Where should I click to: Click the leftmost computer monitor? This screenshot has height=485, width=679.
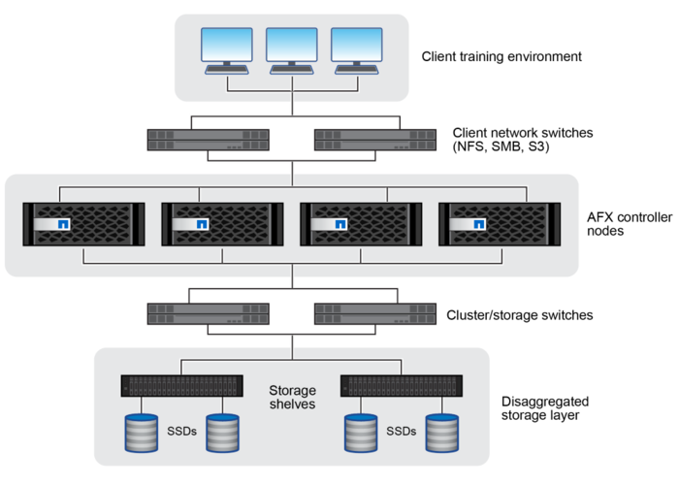(226, 48)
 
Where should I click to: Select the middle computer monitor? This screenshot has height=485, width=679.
(292, 48)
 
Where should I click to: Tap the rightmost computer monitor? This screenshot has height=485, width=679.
(357, 48)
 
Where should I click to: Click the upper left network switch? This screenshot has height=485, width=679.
(209, 140)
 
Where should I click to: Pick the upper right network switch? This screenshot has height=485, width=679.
(374, 140)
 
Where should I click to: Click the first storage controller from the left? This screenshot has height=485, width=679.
(83, 224)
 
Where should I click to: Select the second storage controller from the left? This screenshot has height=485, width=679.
(222, 224)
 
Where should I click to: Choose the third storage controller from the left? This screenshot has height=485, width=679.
(361, 224)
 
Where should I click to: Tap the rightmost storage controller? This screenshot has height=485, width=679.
(500, 224)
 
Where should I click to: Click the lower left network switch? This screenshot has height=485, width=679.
(209, 313)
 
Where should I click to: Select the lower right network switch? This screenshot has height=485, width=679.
(374, 313)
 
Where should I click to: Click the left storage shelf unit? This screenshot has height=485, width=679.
(181, 385)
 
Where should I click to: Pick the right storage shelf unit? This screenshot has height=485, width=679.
(402, 385)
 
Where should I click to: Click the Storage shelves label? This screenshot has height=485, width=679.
(292, 397)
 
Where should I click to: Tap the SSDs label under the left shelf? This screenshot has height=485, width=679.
(182, 431)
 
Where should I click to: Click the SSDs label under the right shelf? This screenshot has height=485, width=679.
(402, 431)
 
